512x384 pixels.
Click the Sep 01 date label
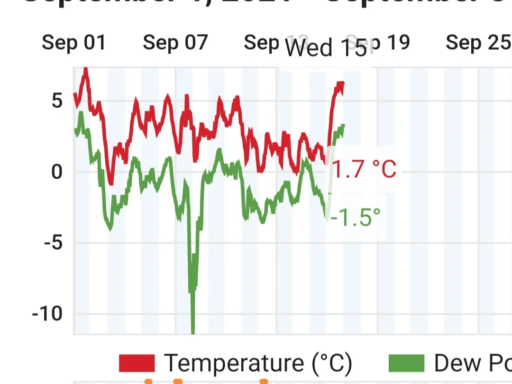click(x=73, y=43)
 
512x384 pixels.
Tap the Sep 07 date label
click(x=175, y=43)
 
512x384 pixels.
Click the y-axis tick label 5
click(x=57, y=101)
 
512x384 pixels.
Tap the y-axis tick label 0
click(x=57, y=172)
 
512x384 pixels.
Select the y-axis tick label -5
click(x=53, y=243)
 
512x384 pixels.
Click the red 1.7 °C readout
click(x=364, y=169)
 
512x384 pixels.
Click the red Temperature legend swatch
click(x=137, y=364)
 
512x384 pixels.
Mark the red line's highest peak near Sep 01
click(x=85, y=70)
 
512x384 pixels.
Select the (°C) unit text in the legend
click(x=332, y=364)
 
